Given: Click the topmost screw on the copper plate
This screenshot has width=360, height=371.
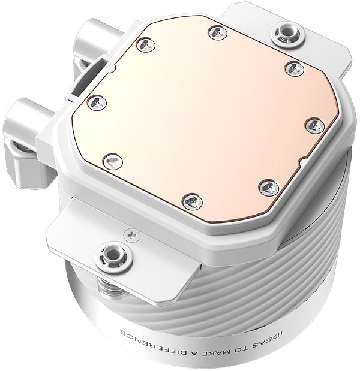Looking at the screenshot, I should click(x=217, y=32).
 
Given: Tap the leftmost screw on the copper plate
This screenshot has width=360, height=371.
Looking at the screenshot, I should click(x=96, y=103).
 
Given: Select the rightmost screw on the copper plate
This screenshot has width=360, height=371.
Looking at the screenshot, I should click(x=314, y=125).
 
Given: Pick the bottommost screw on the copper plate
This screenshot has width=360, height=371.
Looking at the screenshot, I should click(x=191, y=201).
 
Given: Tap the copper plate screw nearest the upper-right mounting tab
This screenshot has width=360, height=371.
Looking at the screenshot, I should click(x=295, y=68).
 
